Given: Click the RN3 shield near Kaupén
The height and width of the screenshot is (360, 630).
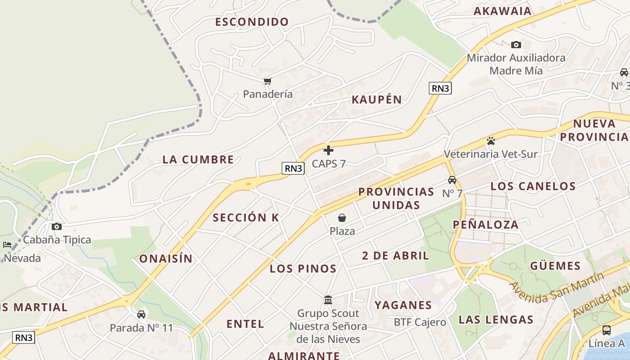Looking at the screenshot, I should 440,88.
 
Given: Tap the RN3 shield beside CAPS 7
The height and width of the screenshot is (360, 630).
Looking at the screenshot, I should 293,168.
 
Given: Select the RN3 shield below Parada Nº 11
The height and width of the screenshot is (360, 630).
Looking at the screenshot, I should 23,337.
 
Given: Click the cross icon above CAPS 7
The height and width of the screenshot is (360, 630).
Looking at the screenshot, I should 328,150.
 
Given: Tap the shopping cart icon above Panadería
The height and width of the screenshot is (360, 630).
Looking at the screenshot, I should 268,81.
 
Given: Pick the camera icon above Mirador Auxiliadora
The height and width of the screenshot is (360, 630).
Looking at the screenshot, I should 516,45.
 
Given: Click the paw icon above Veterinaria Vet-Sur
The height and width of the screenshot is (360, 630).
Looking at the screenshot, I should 490,141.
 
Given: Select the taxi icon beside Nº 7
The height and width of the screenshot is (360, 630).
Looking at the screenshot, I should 452,180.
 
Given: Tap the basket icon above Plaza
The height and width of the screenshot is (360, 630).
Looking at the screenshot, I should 342,218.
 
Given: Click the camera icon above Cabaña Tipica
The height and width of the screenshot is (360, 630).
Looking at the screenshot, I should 57,226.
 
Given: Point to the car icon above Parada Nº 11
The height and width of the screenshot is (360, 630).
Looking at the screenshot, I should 141,314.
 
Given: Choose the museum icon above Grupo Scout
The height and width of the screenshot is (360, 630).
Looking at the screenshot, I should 328,300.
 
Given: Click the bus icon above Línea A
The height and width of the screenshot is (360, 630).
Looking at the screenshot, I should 606,330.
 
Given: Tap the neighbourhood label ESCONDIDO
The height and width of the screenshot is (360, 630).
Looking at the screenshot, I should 252,22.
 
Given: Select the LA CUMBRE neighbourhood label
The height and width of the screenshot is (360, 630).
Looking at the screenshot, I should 198,159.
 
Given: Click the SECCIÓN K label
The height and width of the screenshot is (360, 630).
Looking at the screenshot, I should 246,218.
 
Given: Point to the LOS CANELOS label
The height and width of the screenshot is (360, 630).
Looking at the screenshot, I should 533,186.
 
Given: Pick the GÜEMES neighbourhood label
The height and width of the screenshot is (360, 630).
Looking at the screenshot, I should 555,265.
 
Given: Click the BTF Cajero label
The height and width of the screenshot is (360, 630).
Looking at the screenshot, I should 420,322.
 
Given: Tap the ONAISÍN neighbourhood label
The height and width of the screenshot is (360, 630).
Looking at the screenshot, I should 166,259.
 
